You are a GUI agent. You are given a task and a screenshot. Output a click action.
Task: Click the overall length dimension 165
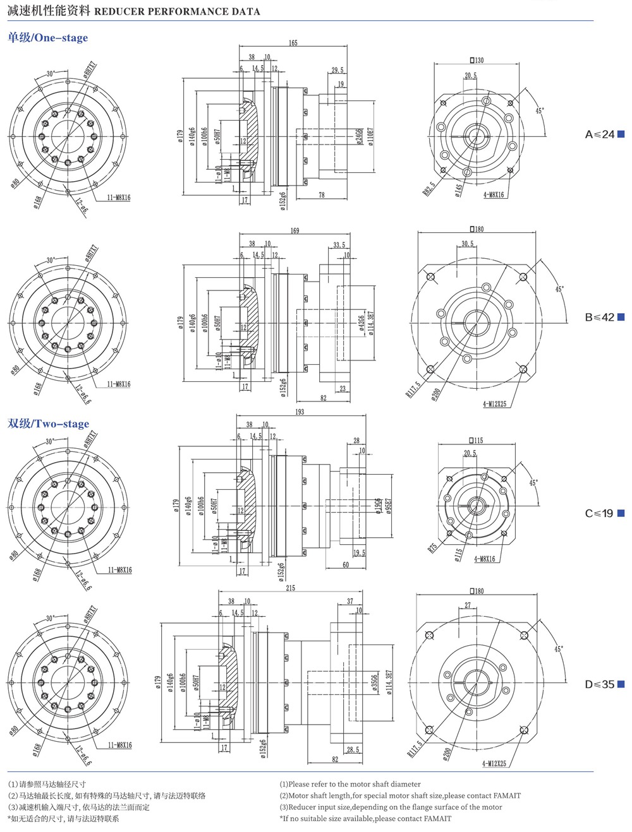[x=293, y=43]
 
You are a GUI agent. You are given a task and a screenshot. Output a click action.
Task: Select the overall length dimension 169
[x=295, y=230]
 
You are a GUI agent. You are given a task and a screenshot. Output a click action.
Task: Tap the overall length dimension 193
[x=300, y=412]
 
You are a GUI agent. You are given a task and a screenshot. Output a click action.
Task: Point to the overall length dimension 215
[x=290, y=588]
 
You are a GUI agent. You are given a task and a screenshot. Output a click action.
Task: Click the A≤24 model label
[x=600, y=134]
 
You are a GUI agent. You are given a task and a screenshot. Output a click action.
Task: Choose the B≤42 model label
[x=600, y=317]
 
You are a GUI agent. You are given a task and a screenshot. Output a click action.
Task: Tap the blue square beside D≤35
[x=621, y=684]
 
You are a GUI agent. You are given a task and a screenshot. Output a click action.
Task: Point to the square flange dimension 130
[x=477, y=60]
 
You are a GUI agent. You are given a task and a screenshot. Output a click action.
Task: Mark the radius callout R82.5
[x=429, y=188]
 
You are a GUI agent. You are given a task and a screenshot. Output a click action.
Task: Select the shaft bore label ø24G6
[x=359, y=137]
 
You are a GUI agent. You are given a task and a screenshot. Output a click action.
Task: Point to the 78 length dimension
[x=322, y=195]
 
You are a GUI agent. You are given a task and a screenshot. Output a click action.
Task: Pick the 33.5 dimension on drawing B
[x=339, y=245]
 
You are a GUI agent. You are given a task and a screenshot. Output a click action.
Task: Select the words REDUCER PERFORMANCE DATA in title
[x=177, y=11]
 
